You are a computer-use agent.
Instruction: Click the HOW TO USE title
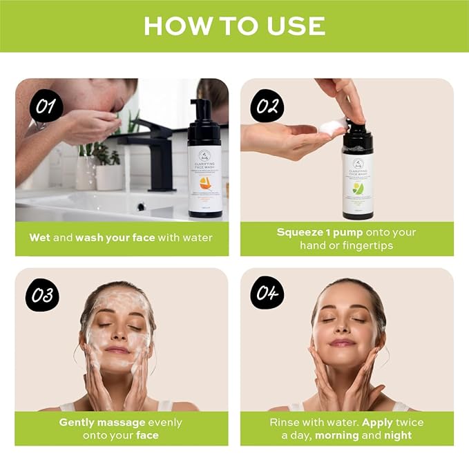pos(234,26)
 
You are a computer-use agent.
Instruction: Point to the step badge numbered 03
pos(42,295)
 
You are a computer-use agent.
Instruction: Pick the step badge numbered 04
pos(267,295)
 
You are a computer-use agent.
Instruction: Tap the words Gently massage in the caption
pos(102,422)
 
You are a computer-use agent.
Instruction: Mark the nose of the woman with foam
pos(117,336)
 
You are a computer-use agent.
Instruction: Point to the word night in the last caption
pos(396,435)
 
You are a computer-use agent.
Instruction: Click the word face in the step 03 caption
pos(147,435)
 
